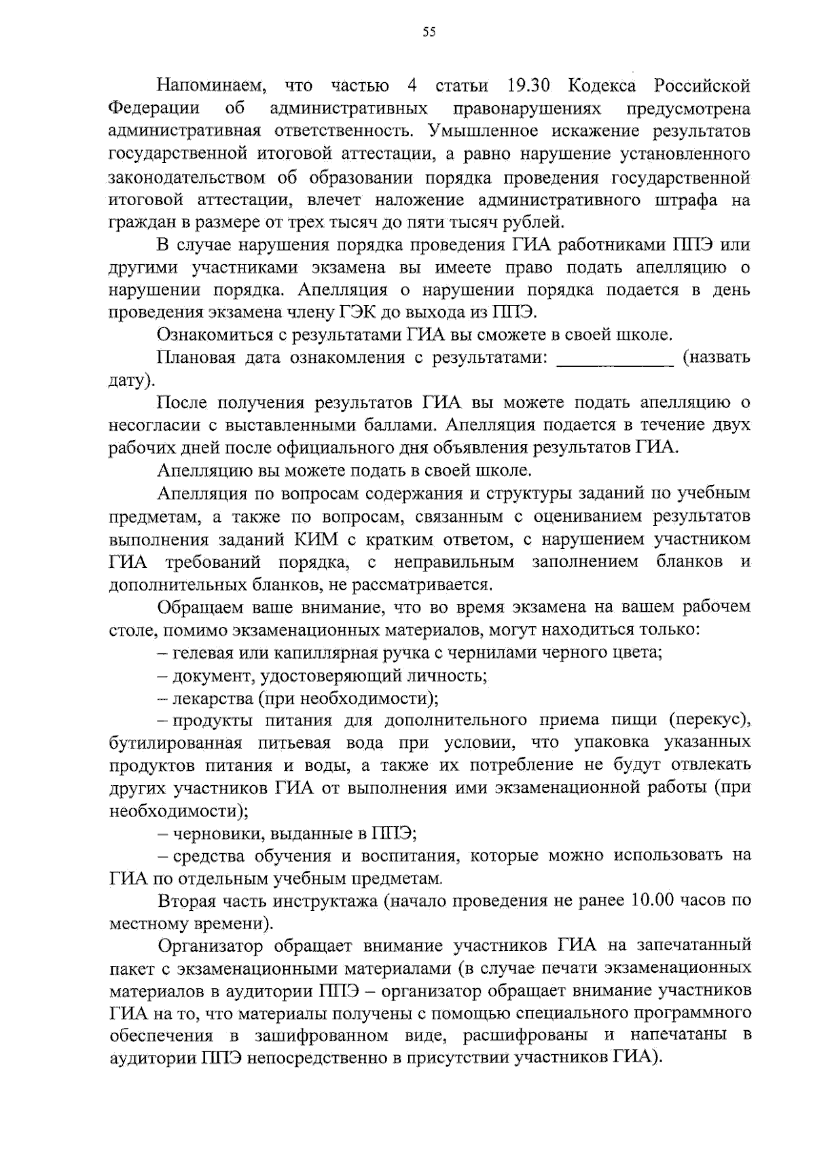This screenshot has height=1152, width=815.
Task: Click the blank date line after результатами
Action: pos(615,358)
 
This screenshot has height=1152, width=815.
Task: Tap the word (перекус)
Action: pos(709,720)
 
